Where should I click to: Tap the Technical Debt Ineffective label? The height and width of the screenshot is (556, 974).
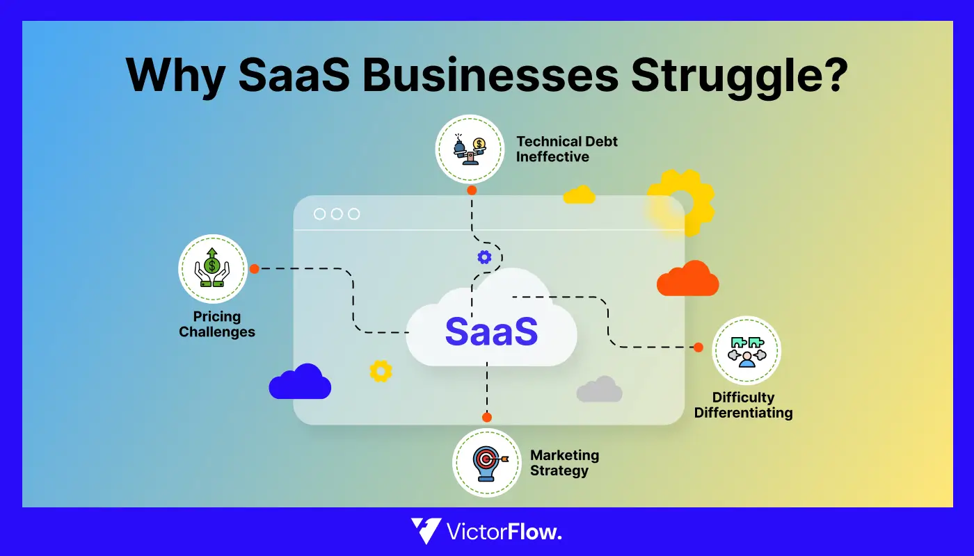566,149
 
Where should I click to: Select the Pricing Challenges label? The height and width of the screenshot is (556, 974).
217,324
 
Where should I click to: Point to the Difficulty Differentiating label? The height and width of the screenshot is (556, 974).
743,405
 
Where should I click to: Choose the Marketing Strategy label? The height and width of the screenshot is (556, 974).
564,462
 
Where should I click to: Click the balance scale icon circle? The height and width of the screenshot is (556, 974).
470,149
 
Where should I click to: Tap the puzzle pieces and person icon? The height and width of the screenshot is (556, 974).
747,350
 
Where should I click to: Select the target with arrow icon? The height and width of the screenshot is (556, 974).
486,462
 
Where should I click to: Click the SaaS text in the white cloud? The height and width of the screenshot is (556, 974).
491,332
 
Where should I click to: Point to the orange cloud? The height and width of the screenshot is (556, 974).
687,279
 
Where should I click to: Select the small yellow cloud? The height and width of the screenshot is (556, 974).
579,195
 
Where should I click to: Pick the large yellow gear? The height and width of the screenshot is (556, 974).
680,202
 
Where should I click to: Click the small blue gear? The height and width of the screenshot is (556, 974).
484,257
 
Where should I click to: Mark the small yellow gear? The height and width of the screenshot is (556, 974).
381,371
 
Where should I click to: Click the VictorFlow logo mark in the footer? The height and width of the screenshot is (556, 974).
425,532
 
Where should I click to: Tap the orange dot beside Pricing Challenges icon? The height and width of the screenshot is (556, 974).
255,269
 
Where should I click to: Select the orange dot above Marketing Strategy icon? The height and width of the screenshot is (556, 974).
486,417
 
